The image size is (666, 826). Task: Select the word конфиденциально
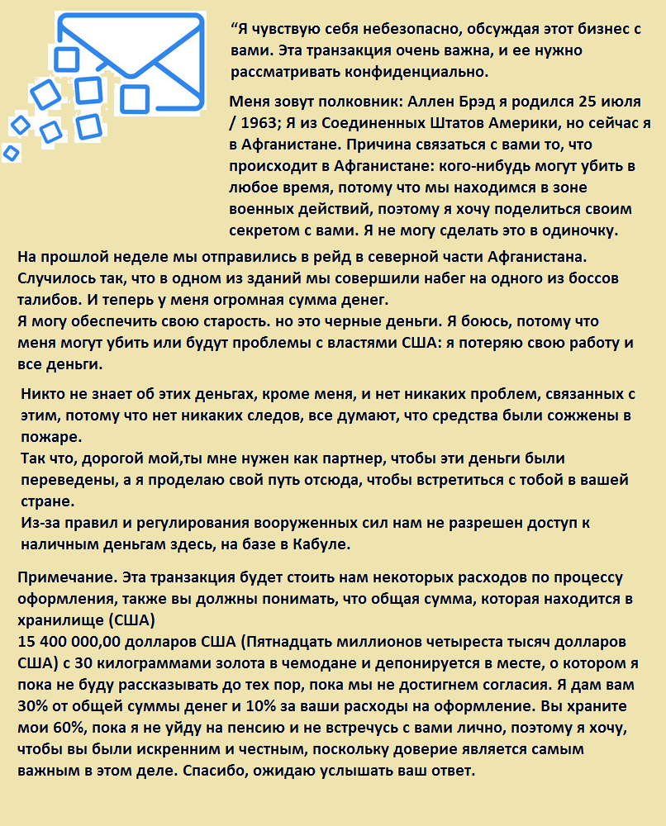pos(425,72)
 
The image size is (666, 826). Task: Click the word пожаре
pos(51,436)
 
